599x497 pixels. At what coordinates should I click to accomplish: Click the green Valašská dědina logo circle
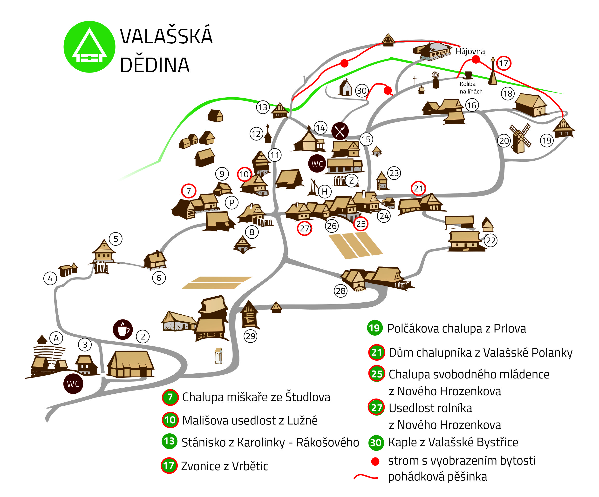[89, 47]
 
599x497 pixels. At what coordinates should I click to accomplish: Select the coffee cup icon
[123, 329]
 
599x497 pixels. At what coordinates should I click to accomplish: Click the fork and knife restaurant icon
[340, 131]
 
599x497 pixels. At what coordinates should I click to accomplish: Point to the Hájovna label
[470, 51]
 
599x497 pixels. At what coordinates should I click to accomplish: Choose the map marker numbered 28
[340, 291]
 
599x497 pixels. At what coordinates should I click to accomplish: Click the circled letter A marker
[56, 338]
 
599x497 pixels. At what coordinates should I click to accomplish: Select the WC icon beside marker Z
[317, 164]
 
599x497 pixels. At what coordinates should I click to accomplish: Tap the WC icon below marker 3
[73, 384]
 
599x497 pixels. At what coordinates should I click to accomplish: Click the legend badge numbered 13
[170, 441]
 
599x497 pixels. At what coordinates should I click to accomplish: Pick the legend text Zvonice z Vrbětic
[225, 466]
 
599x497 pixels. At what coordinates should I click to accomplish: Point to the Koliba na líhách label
[471, 87]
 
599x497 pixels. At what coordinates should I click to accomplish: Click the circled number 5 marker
[116, 239]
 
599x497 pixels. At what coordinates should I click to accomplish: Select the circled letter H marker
[325, 192]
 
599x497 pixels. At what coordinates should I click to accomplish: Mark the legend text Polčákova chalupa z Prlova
[456, 329]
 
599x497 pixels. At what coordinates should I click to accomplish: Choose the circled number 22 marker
[491, 240]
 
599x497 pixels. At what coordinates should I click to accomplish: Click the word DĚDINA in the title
[155, 65]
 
